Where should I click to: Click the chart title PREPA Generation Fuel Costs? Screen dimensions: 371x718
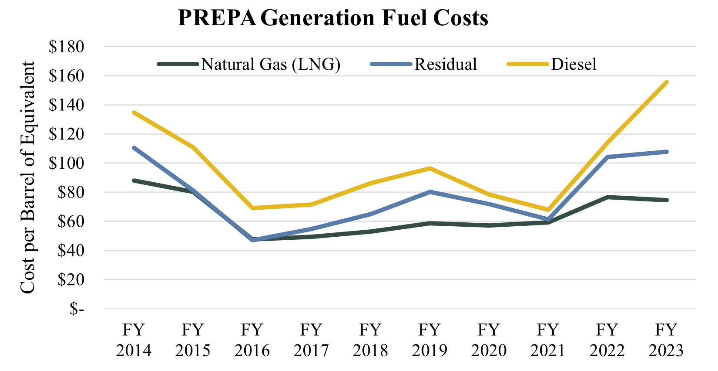coord(333,18)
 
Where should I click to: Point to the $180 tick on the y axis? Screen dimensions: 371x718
coord(66,47)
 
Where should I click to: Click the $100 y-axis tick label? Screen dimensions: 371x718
coord(66,163)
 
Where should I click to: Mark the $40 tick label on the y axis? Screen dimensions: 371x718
coord(70,251)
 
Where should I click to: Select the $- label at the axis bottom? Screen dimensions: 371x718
coord(77,309)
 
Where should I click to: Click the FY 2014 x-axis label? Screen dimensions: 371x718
coord(134,340)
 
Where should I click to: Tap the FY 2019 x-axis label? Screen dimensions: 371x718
coord(429,340)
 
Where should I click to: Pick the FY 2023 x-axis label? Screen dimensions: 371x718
coord(666,340)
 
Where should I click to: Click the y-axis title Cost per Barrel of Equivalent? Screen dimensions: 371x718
coord(27,177)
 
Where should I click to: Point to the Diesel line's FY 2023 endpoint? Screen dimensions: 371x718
coord(666,82)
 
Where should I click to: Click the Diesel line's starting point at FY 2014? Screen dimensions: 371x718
coord(134,112)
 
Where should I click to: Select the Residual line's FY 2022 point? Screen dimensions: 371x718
coord(607,157)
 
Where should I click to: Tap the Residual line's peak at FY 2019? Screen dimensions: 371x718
coord(429,192)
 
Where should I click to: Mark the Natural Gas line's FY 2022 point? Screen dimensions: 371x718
coord(607,197)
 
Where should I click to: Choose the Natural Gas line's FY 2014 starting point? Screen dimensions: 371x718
coord(134,180)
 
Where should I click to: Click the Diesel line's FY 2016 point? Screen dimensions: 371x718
coord(252,208)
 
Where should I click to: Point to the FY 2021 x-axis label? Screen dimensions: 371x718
coord(548,340)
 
